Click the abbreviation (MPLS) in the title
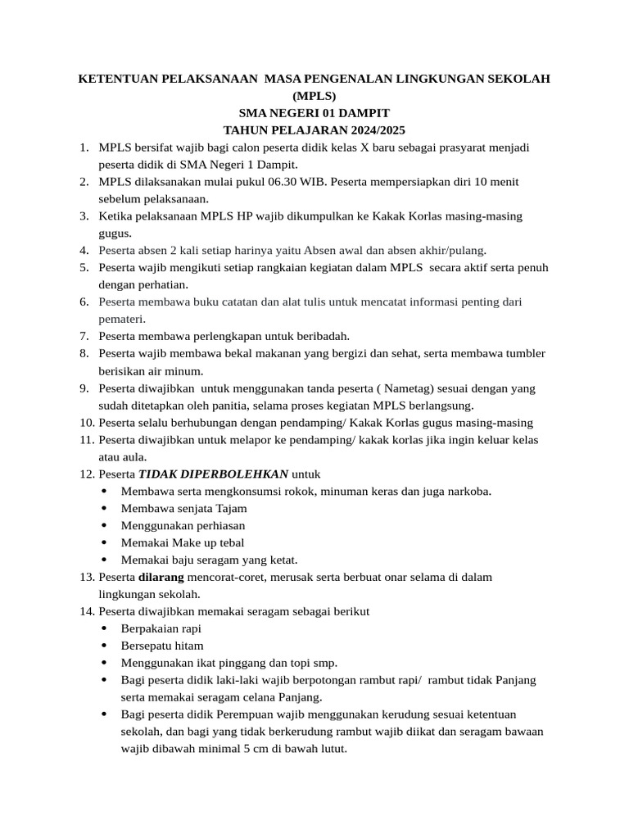pos(314,95)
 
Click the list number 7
pos(84,335)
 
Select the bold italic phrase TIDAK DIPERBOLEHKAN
pos(213,474)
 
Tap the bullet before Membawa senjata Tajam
pos(103,509)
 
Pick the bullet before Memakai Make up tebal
pos(103,543)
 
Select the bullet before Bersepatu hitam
pos(103,646)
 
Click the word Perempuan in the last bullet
pos(260,714)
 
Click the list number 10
pos(87,423)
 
